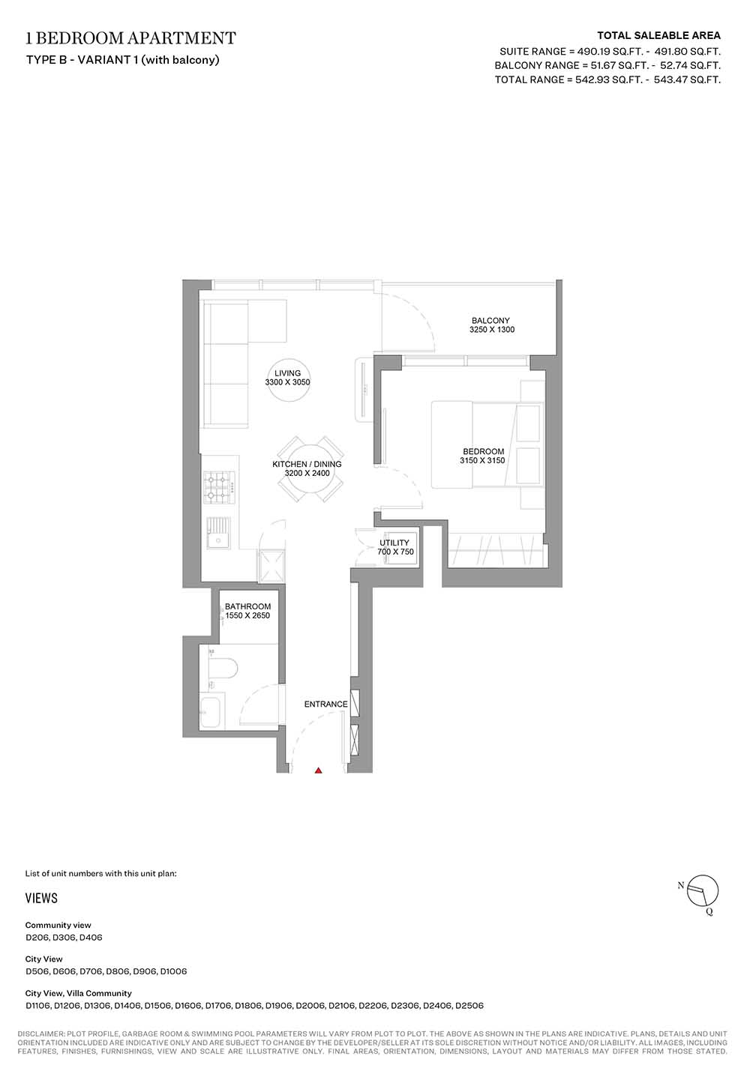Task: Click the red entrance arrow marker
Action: (318, 770)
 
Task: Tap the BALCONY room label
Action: (490, 321)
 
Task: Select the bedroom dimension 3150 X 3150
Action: (483, 460)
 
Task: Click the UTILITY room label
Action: (394, 543)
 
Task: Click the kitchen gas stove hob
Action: (219, 487)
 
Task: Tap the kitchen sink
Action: (219, 533)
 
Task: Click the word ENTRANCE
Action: (325, 705)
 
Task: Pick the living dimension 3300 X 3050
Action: (288, 382)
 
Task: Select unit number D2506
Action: (469, 1007)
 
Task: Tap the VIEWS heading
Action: (41, 898)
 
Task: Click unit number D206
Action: (37, 938)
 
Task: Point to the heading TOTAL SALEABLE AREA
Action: (658, 35)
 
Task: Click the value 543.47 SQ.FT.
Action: (687, 79)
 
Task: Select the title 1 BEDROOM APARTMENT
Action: (130, 37)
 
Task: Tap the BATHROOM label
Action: (247, 606)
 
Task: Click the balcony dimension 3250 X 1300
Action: (492, 330)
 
